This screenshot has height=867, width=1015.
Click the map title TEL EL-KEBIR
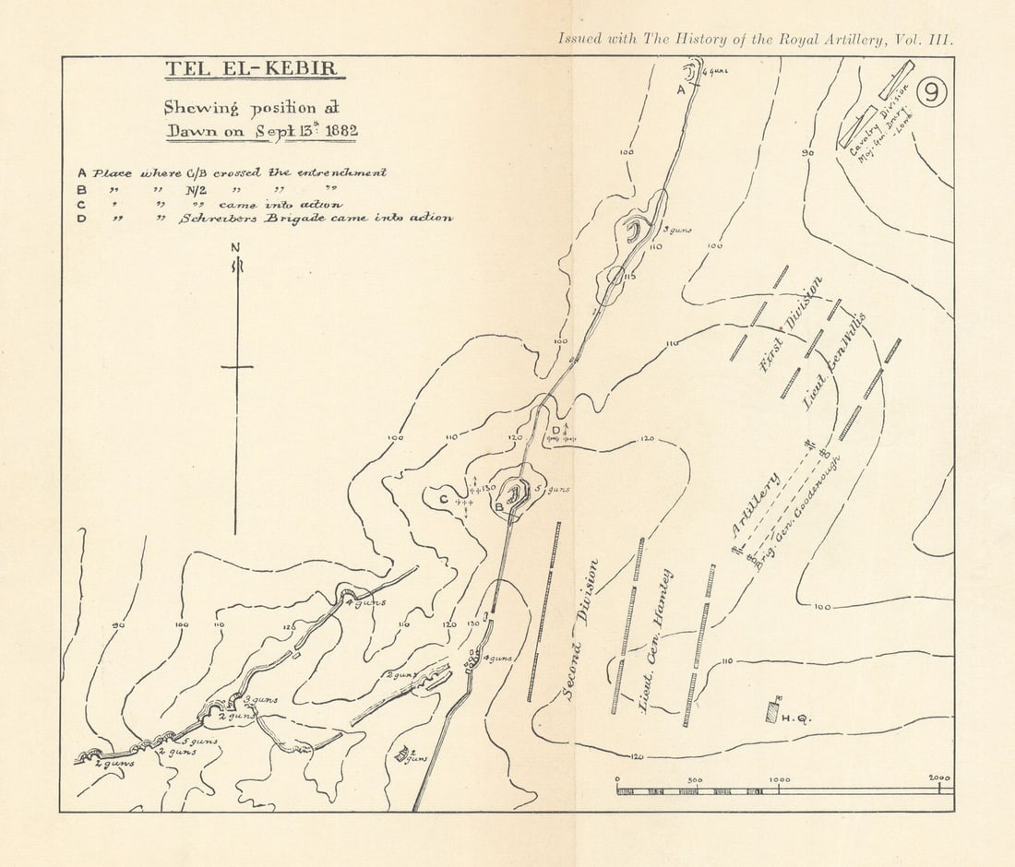[249, 70]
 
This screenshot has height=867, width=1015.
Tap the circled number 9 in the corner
[932, 93]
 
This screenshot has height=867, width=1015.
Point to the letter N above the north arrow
[236, 247]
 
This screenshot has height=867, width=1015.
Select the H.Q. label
[796, 719]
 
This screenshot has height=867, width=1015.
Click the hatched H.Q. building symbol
[772, 710]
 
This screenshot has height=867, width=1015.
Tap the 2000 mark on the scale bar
[939, 779]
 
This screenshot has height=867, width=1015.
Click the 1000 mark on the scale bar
[780, 779]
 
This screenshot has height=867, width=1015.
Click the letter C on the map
[443, 499]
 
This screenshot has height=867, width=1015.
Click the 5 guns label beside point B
[552, 489]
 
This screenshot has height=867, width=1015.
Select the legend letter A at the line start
[82, 172]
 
